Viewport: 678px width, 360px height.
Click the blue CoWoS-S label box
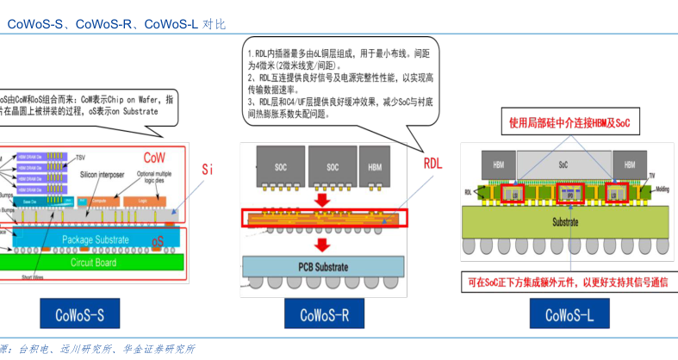79,314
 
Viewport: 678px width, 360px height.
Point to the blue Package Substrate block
95,238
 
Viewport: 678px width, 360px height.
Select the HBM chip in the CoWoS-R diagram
376,165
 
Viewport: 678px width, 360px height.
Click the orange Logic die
143,200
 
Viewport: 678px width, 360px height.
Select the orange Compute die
100,200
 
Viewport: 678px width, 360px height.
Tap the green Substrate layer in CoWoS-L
565,223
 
